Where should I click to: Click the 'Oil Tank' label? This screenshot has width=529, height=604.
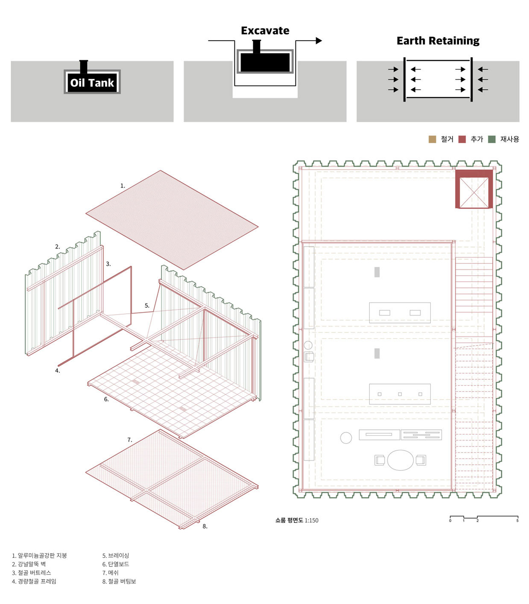click(92, 83)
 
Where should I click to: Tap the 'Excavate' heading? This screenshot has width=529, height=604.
click(265, 31)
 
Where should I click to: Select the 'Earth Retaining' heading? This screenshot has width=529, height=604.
click(438, 41)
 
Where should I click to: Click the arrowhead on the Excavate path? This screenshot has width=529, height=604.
click(319, 41)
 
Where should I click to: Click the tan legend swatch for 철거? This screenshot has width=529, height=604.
click(432, 139)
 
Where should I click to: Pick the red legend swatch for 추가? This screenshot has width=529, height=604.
click(462, 139)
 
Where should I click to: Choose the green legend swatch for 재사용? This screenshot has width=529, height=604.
click(492, 139)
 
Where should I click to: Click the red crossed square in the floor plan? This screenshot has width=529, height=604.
click(474, 189)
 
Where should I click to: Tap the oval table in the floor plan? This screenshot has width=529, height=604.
click(400, 460)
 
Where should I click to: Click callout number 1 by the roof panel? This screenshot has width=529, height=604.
click(123, 186)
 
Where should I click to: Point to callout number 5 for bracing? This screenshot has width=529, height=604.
click(147, 306)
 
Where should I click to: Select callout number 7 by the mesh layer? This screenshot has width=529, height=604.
click(130, 440)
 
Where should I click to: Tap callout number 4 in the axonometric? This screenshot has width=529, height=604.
click(58, 371)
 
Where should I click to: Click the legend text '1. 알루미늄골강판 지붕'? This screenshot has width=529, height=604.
click(39, 556)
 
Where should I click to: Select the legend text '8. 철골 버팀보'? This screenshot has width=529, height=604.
click(119, 581)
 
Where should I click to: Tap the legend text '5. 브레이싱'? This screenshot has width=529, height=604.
click(116, 556)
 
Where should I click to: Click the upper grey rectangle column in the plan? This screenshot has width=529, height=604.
click(377, 272)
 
